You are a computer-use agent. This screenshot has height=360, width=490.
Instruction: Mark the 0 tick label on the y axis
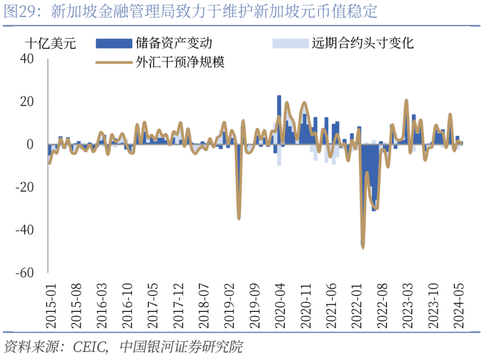click(x=31, y=144)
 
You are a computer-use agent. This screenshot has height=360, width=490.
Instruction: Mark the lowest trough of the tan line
click(x=363, y=247)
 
